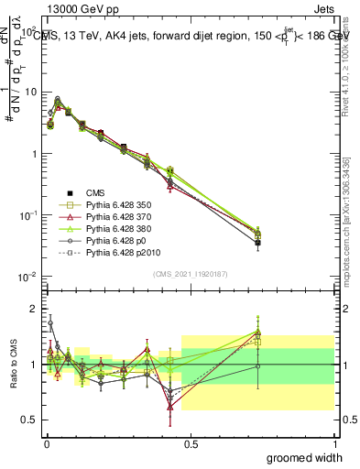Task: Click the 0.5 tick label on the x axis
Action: [x=190, y=443]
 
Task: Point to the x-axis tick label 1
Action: [x=334, y=443]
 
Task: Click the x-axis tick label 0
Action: [x=46, y=443]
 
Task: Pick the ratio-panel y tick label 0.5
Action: [x=30, y=420]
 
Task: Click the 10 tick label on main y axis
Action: [x=30, y=93]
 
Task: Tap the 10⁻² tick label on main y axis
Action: [x=28, y=277]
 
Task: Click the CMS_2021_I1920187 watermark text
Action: [x=190, y=274]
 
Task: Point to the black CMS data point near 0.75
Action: [x=258, y=243]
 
